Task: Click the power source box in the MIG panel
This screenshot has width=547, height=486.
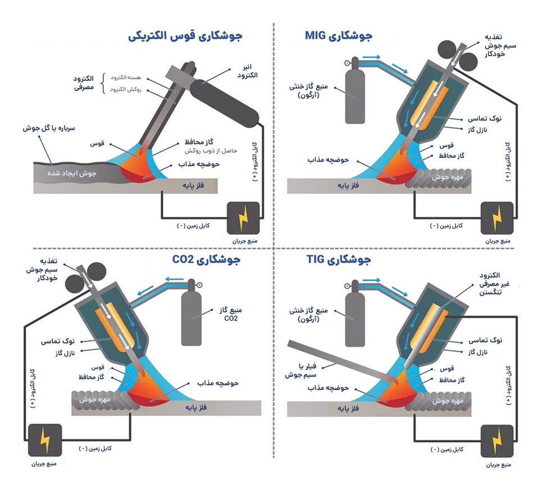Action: [496, 217]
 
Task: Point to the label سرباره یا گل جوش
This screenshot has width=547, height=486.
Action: [53, 128]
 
